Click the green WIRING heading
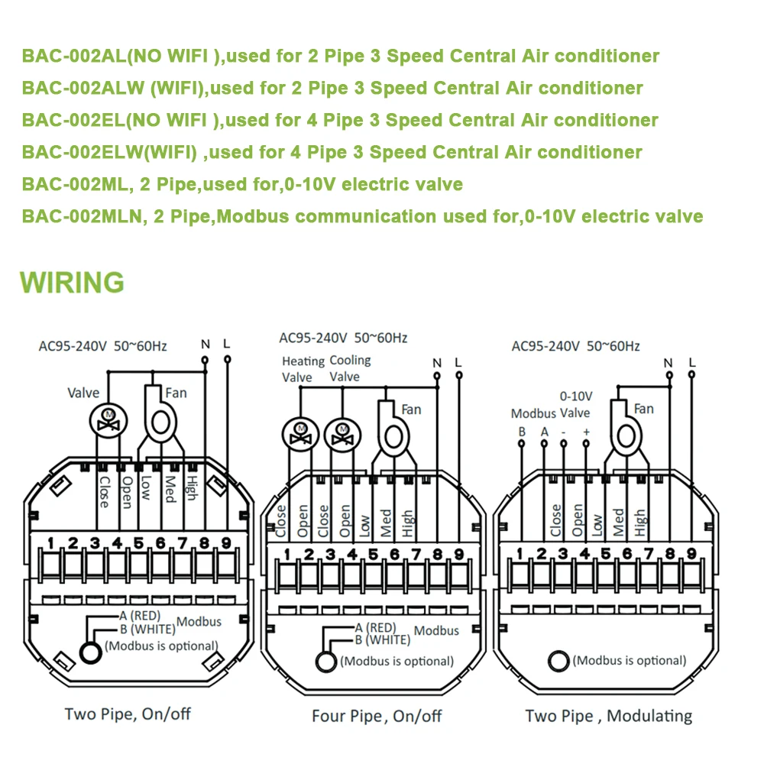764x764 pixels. coord(72,281)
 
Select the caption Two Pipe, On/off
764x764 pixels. coord(128,714)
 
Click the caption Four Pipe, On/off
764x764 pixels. coord(377,716)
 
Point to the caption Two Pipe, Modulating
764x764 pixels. coord(608,716)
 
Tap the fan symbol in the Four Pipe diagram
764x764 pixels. coord(394,436)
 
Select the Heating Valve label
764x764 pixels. coord(298,369)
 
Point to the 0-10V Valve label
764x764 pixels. coord(575,405)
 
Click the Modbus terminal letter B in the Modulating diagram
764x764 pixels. coord(522,431)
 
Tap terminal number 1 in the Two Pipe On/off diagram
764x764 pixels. coord(50,543)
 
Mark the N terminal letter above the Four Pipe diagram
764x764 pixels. coord(436,362)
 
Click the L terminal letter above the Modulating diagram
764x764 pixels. coord(691,362)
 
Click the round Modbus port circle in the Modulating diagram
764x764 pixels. coord(558,661)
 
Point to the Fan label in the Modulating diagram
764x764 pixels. coord(644,409)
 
